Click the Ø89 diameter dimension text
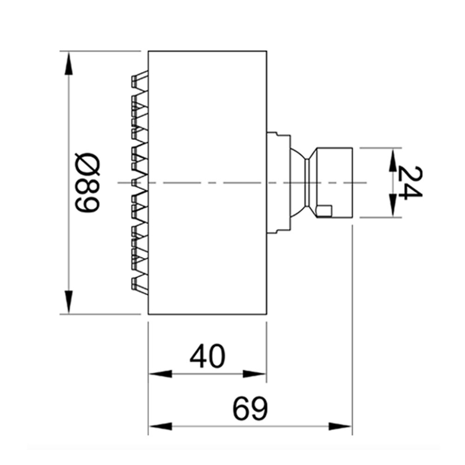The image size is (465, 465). click(x=87, y=183)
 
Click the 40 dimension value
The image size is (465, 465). click(x=207, y=357)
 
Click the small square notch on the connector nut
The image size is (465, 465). click(x=324, y=211)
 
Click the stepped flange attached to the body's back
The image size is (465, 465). click(x=278, y=183)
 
